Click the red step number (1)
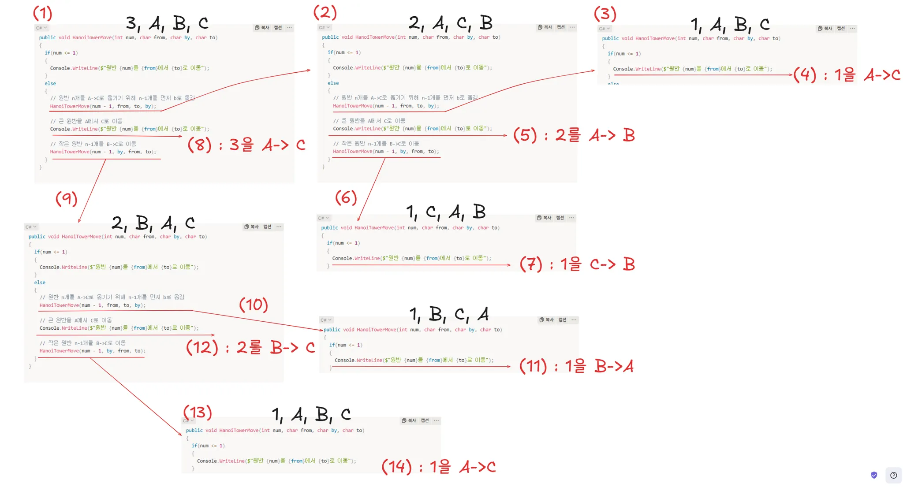[43, 14]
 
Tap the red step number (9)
[67, 199]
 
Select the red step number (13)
[198, 412]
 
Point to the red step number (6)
[346, 197]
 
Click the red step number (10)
[254, 305]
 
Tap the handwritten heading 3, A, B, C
[167, 23]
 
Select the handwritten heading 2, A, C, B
[450, 22]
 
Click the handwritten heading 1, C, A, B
[446, 212]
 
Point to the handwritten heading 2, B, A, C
[153, 223]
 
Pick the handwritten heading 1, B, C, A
[449, 314]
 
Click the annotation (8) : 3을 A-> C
[246, 145]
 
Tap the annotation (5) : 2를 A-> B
[574, 135]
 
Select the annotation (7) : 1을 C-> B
[577, 264]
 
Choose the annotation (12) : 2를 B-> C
[250, 347]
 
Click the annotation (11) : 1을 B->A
[576, 366]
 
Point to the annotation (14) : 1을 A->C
[438, 466]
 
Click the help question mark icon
[893, 475]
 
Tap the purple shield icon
[874, 475]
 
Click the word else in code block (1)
[50, 83]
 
